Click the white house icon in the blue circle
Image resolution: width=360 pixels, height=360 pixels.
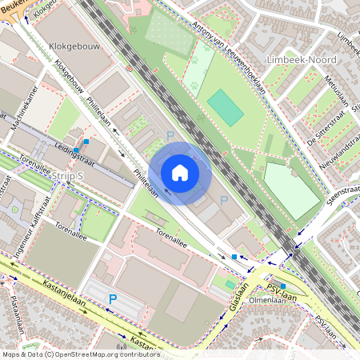(179, 173)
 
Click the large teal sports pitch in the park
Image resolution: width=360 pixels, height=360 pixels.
(226, 108)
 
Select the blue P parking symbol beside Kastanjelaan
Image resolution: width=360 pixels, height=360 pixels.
(113, 299)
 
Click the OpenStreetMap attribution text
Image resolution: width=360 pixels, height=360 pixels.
(80, 354)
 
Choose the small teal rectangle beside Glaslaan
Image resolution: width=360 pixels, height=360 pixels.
(230, 284)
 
